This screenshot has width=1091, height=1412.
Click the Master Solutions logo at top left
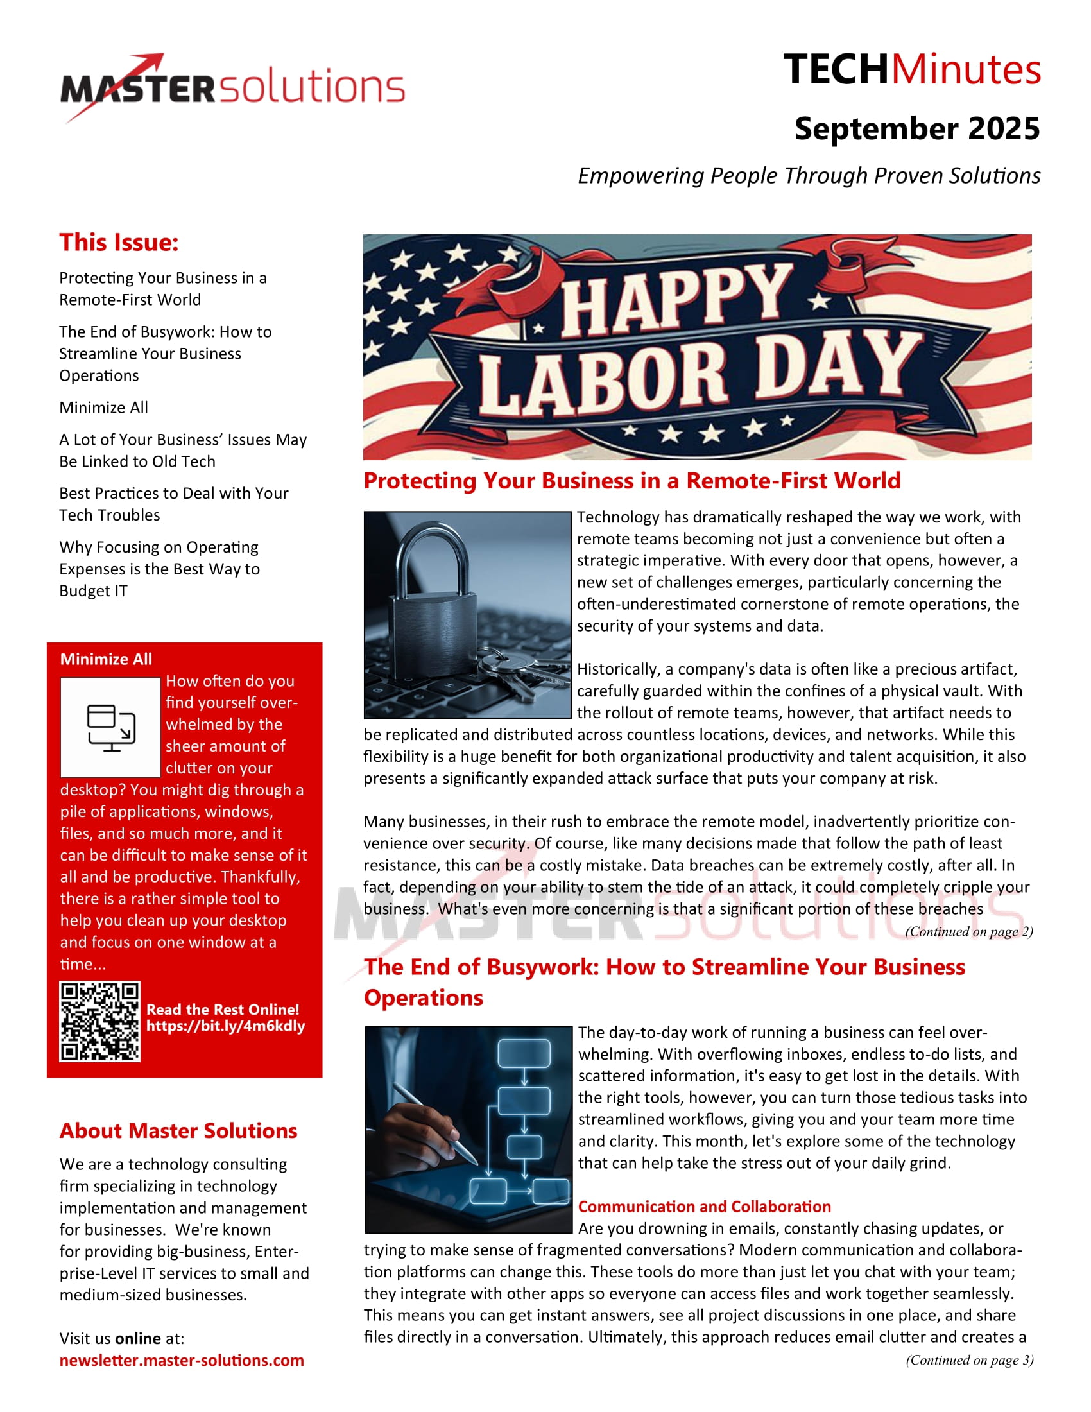tap(233, 87)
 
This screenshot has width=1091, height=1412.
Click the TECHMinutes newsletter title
tap(911, 70)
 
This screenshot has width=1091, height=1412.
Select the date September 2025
tap(916, 128)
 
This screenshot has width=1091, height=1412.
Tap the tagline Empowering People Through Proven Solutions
tap(809, 176)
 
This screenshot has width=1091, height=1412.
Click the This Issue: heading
tap(119, 243)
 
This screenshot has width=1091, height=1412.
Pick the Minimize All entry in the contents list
tap(103, 408)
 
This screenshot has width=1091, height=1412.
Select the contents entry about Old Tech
tap(182, 450)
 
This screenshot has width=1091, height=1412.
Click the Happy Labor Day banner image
tap(697, 347)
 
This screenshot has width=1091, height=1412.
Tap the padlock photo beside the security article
tap(467, 614)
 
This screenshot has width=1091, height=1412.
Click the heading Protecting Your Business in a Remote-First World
tap(631, 481)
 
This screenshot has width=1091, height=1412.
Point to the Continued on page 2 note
tap(968, 932)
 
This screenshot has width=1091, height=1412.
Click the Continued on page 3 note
tap(969, 1360)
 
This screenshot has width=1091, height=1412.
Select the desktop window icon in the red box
tap(110, 727)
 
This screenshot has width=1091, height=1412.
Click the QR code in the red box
tap(99, 1022)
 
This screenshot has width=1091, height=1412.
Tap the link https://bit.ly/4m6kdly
tap(225, 1026)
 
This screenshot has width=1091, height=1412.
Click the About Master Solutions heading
tap(178, 1130)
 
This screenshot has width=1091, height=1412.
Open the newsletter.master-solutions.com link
tap(182, 1360)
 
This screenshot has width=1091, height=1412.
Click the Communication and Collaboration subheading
tap(704, 1207)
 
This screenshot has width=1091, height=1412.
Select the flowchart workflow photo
tap(468, 1129)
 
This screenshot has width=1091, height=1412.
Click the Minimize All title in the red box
tap(106, 659)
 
